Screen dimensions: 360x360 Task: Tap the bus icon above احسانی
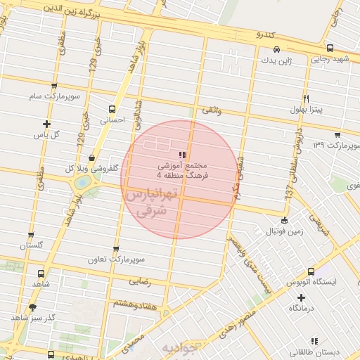click(x=112, y=109)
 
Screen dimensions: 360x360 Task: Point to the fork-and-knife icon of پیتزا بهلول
click(x=306, y=99)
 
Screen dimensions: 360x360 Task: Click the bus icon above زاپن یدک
click(x=278, y=49)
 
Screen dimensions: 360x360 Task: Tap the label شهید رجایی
click(x=330, y=59)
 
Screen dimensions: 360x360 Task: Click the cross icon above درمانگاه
click(x=301, y=297)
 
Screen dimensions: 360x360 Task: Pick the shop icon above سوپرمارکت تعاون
click(x=116, y=249)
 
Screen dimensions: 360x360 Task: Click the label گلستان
click(x=30, y=245)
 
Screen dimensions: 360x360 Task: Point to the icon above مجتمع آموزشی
click(x=182, y=154)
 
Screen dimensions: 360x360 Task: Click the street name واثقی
click(x=211, y=110)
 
